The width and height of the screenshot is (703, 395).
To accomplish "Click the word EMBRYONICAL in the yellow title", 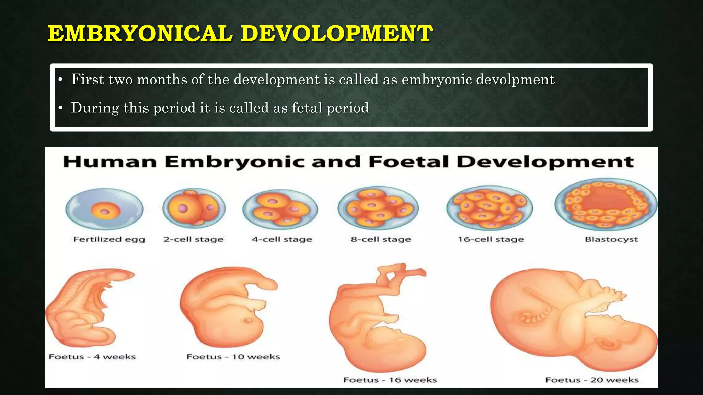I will [140, 34].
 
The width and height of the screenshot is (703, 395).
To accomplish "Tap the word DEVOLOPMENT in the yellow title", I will [336, 34].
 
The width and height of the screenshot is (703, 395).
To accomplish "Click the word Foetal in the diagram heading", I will [408, 162].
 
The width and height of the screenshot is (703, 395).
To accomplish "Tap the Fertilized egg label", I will [109, 239].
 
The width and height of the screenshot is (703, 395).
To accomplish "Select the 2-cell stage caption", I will [193, 239].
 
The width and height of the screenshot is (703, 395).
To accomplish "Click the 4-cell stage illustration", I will [280, 209].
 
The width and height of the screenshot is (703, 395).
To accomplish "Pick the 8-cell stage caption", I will [381, 239].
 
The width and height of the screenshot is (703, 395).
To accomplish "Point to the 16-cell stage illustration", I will [490, 208].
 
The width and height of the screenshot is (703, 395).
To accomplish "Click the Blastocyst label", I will [611, 239].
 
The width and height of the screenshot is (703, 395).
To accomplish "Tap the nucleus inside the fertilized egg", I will [106, 212].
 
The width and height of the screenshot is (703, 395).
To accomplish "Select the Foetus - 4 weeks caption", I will [92, 357].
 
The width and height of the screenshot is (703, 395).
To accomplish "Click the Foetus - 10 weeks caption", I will [233, 357].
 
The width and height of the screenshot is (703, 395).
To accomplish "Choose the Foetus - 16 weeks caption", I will [390, 380].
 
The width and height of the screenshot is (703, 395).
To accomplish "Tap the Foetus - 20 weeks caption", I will [592, 380].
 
